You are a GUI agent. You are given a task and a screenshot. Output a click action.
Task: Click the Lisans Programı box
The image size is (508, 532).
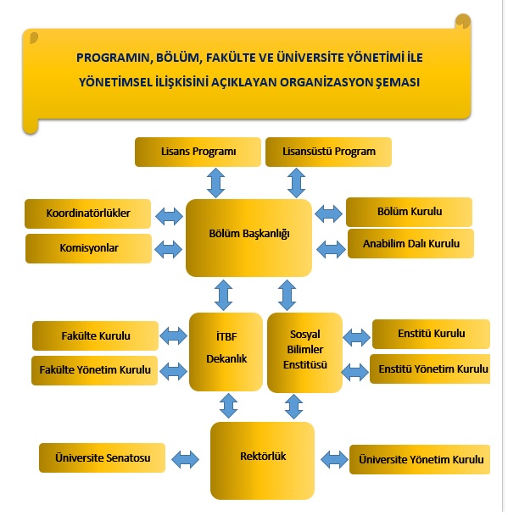pyautogui.click(x=198, y=152)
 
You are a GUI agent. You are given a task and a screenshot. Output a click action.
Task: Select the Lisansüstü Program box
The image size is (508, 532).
pyautogui.click(x=328, y=152)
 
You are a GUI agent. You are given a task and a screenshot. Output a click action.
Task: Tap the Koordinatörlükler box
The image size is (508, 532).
pyautogui.click(x=88, y=213)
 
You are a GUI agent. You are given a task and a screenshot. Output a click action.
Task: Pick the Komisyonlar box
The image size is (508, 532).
pyautogui.click(x=89, y=248)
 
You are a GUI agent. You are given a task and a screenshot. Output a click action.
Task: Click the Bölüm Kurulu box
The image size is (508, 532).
pyautogui.click(x=409, y=212)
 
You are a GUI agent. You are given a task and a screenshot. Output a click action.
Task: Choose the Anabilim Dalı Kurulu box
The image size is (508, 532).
pyautogui.click(x=410, y=244)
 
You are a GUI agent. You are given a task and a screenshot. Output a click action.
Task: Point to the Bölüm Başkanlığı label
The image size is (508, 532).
pyautogui.click(x=249, y=234)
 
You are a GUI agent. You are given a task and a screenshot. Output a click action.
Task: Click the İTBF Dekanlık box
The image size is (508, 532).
pyautogui.click(x=226, y=352)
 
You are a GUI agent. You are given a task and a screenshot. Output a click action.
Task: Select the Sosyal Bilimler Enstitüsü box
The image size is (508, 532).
pyautogui.click(x=305, y=352)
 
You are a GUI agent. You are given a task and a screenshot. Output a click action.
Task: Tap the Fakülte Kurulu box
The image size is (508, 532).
pyautogui.click(x=96, y=335)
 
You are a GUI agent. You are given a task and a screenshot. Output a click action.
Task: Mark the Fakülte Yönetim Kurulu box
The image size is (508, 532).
pyautogui.click(x=95, y=370)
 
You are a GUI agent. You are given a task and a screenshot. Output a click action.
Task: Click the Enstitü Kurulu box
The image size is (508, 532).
pyautogui.click(x=432, y=334)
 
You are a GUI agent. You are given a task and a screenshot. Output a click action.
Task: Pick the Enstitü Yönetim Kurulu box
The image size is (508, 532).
pyautogui.click(x=430, y=369)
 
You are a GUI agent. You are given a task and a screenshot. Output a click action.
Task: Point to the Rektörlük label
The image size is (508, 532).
pyautogui.click(x=263, y=457)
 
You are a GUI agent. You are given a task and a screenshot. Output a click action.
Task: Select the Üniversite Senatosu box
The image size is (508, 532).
pyautogui.click(x=103, y=457)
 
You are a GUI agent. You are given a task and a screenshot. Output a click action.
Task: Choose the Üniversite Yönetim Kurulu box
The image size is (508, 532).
pyautogui.click(x=420, y=459)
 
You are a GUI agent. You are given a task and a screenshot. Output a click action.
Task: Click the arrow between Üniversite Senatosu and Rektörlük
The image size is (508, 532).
pyautogui.click(x=186, y=460)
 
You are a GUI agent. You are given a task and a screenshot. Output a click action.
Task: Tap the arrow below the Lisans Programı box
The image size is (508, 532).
pyautogui.click(x=216, y=183)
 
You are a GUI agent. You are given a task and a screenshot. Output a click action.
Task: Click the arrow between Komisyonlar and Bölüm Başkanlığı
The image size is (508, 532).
pyautogui.click(x=169, y=249)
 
